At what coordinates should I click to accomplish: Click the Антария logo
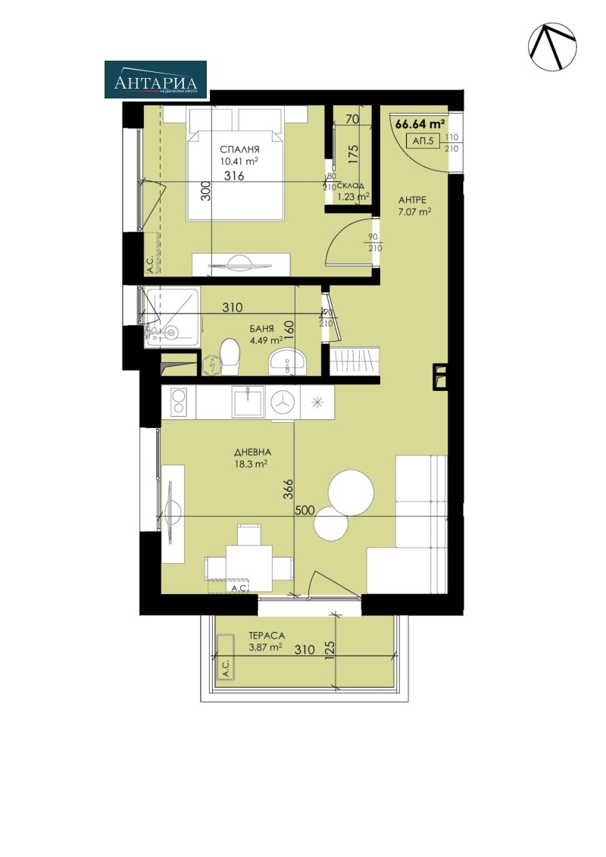tap(155, 80)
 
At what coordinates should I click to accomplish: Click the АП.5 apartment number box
tap(423, 141)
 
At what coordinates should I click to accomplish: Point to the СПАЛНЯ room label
tap(240, 149)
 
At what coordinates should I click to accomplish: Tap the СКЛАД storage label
tap(352, 186)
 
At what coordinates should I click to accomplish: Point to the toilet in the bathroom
tap(227, 356)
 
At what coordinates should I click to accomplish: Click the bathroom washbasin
tap(287, 361)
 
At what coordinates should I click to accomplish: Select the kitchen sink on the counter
tap(248, 401)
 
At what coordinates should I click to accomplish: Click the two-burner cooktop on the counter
tap(178, 402)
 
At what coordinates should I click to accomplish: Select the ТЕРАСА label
tap(265, 637)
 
